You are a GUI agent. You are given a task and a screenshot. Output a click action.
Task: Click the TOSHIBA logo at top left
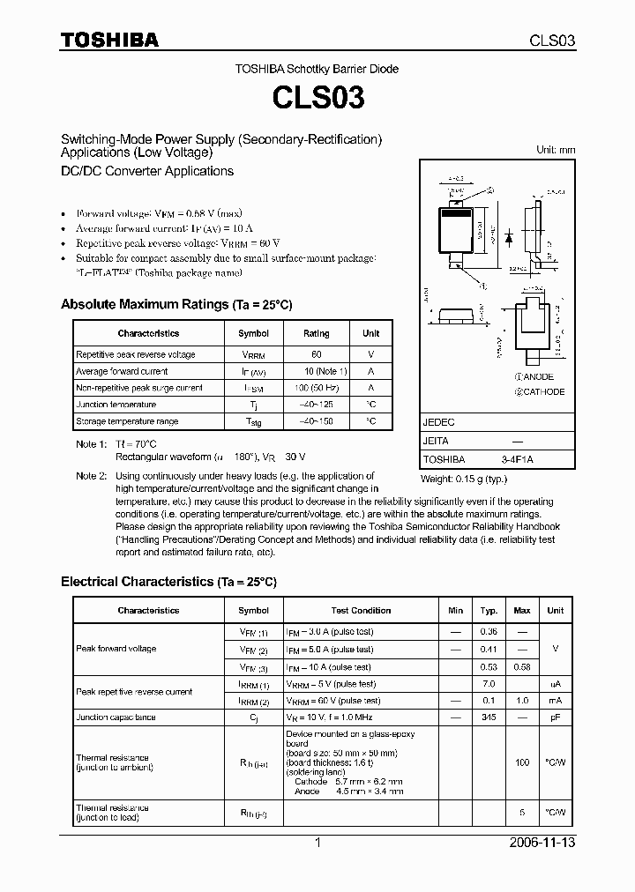(x=109, y=40)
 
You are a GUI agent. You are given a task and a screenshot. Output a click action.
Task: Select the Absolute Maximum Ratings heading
(x=176, y=304)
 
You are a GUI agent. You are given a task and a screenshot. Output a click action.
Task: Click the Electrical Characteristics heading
(x=168, y=582)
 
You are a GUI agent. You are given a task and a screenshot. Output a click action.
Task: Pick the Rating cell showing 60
(x=316, y=354)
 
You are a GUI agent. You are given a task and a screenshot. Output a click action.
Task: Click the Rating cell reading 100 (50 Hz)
(x=316, y=388)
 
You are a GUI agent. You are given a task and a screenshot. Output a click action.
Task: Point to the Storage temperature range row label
(x=127, y=421)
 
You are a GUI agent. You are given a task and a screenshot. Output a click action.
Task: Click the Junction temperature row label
(x=116, y=405)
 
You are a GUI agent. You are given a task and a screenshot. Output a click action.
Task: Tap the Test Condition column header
(x=361, y=611)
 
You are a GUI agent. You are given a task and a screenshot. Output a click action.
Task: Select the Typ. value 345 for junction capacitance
(x=489, y=717)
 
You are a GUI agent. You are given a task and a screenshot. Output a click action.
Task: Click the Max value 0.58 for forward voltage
(x=522, y=667)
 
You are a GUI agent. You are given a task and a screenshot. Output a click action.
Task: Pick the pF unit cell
(x=555, y=717)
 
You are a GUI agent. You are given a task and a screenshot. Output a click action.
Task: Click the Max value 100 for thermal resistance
(x=522, y=761)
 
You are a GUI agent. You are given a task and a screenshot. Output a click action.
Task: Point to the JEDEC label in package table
(x=438, y=422)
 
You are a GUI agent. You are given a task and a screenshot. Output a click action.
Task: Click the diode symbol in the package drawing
(x=509, y=236)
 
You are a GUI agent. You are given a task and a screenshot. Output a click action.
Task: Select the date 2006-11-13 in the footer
(x=543, y=843)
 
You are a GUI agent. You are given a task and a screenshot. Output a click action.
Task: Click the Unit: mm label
(x=556, y=150)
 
